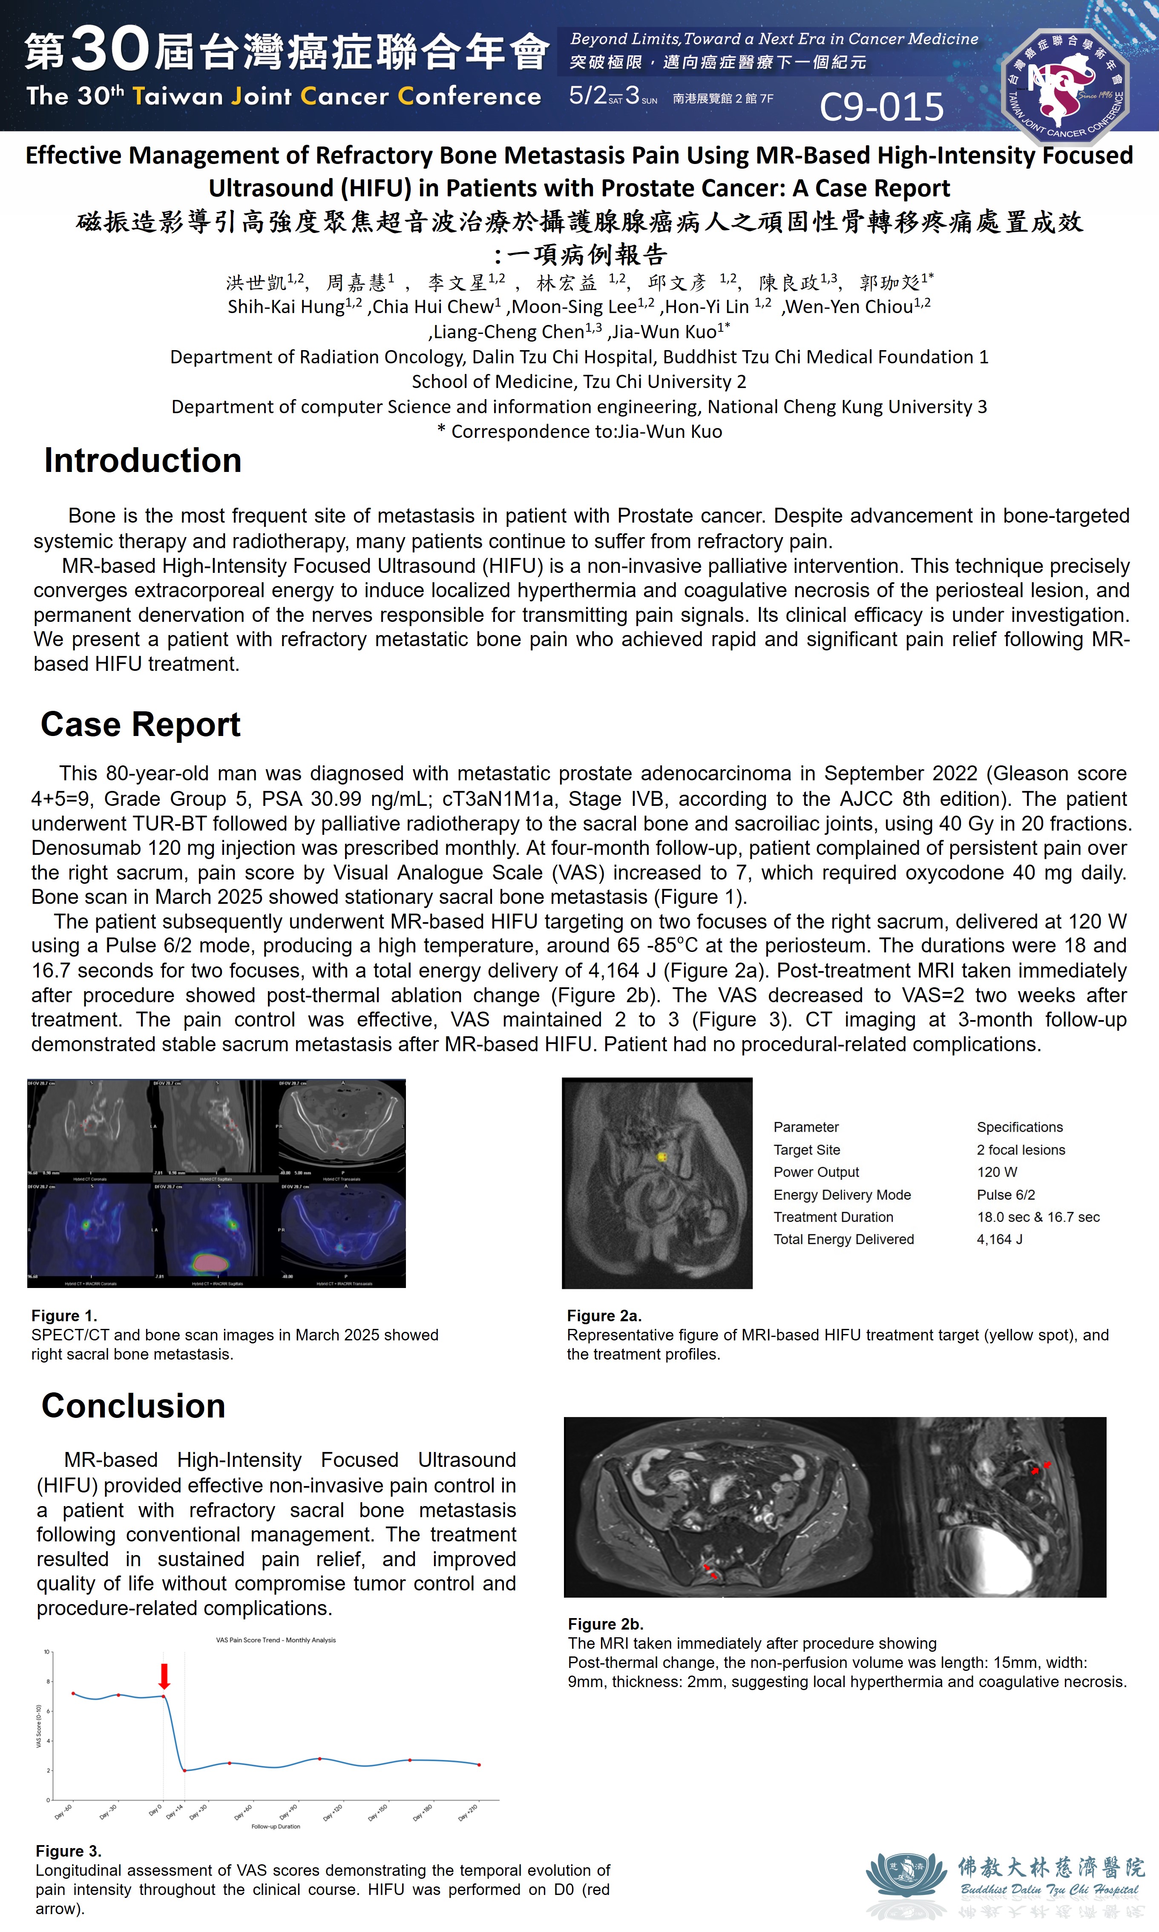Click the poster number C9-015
[881, 107]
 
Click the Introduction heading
[143, 461]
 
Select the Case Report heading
[141, 724]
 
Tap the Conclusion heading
[134, 1406]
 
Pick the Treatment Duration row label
[833, 1217]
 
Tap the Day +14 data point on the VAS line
[184, 1770]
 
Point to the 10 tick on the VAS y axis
[47, 1652]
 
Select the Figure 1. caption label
[64, 1316]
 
